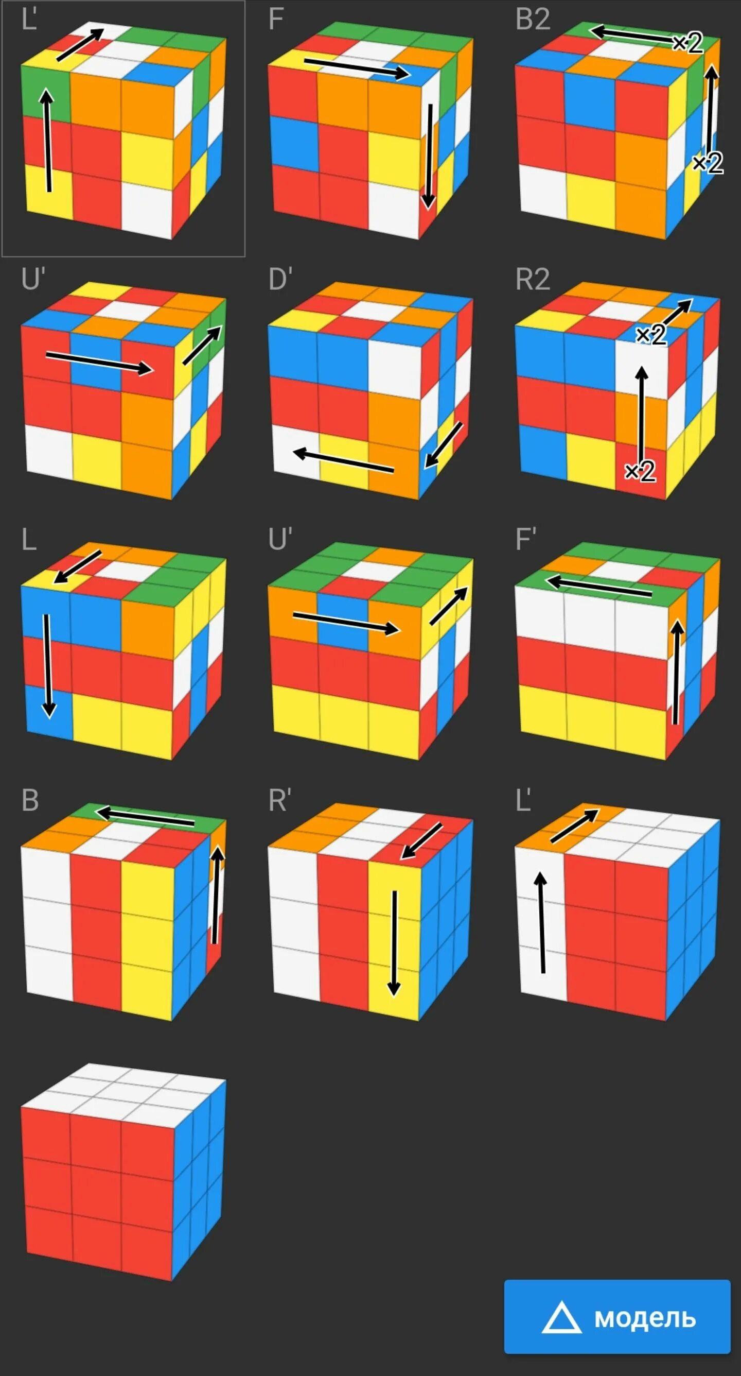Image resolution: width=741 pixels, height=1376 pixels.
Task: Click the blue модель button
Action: (x=617, y=1317)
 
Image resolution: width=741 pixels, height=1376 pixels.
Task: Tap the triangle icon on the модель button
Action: (x=561, y=1318)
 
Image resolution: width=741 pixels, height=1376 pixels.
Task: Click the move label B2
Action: (x=532, y=20)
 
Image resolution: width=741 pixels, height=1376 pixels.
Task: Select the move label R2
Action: (x=532, y=279)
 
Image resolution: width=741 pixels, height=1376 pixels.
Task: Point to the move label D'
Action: (x=280, y=279)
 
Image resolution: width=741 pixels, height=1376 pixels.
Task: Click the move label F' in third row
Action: (x=526, y=540)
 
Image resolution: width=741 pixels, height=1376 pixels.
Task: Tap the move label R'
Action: (x=280, y=800)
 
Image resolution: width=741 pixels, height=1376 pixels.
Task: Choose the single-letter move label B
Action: (x=30, y=800)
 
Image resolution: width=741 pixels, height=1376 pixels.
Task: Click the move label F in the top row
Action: (x=275, y=20)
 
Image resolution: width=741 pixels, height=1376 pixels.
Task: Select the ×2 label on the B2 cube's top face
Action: (x=687, y=43)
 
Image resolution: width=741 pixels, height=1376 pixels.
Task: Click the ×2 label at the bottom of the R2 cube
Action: (x=640, y=472)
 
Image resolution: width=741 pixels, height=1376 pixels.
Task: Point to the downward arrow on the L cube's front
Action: (x=47, y=665)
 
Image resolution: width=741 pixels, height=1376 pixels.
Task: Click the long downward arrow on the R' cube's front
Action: (x=394, y=943)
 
